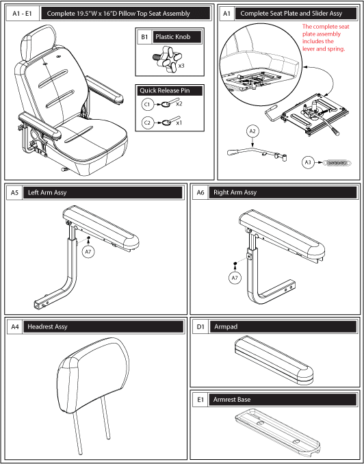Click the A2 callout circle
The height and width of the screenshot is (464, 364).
pos(252,131)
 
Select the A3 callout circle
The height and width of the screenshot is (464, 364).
pos(308,162)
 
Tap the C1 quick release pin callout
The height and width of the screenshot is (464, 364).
pos(147,104)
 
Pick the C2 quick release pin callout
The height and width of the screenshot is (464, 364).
pos(147,123)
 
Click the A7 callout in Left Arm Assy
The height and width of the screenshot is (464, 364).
pos(88,252)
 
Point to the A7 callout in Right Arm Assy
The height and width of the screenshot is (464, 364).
pos(235,278)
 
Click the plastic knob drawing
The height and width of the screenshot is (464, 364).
pos(167,59)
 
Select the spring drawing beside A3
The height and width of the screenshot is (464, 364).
pos(337,162)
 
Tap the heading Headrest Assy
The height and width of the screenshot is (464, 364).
pos(47,326)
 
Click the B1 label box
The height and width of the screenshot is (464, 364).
pos(144,37)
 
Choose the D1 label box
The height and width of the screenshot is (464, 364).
pos(200,326)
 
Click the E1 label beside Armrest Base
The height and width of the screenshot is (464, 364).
pos(200,400)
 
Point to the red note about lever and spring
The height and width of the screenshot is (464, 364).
pos(326,38)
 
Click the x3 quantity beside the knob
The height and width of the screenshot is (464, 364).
pos(181,66)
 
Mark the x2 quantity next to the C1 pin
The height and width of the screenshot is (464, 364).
pos(179,104)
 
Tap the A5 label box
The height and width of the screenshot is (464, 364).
pos(14,192)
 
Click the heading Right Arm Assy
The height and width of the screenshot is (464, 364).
pos(235,192)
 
